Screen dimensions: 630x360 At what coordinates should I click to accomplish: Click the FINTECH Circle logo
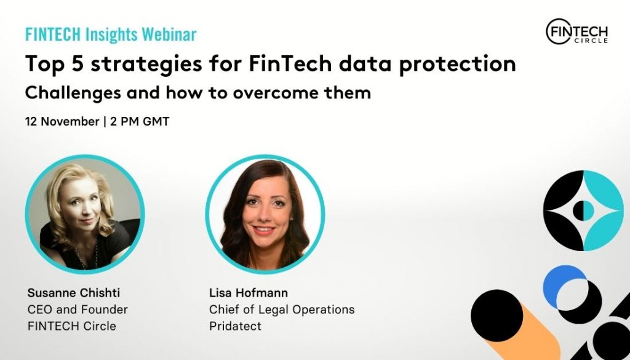(x=576, y=31)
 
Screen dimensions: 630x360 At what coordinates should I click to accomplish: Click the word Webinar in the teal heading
(x=169, y=34)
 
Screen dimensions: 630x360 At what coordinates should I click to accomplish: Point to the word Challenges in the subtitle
(x=73, y=94)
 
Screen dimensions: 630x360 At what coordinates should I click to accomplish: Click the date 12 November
(x=62, y=121)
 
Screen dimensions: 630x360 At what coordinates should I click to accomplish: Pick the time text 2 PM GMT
(x=140, y=121)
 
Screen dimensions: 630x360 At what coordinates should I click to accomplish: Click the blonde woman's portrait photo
(x=85, y=214)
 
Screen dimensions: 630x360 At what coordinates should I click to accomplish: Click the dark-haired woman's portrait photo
(x=265, y=214)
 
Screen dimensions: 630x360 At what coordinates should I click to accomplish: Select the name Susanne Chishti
(x=74, y=293)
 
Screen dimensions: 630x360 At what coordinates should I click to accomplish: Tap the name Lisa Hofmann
(x=249, y=293)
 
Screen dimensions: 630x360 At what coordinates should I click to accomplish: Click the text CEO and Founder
(x=78, y=310)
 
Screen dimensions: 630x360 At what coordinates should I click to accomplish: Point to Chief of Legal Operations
(x=282, y=310)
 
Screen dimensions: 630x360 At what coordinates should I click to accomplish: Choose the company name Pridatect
(x=235, y=326)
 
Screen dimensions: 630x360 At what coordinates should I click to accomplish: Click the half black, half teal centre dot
(x=583, y=210)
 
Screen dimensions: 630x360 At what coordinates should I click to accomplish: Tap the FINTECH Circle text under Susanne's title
(x=71, y=326)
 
